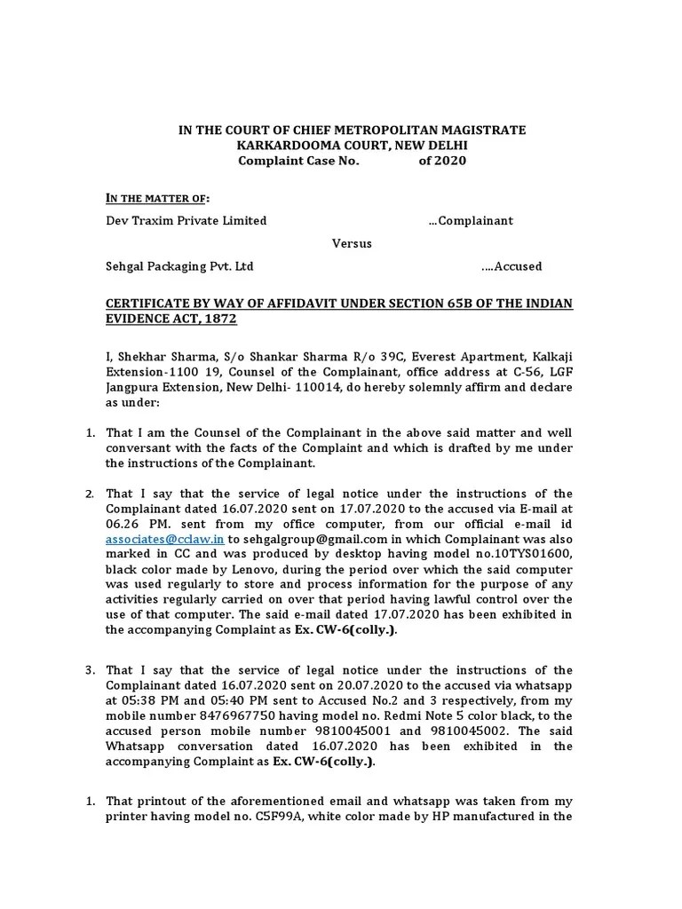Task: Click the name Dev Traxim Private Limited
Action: pos(186,220)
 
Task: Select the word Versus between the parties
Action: pos(352,243)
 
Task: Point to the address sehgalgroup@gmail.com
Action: pos(302,539)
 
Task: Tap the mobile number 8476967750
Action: pos(251,715)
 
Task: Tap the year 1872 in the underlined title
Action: pos(220,319)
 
